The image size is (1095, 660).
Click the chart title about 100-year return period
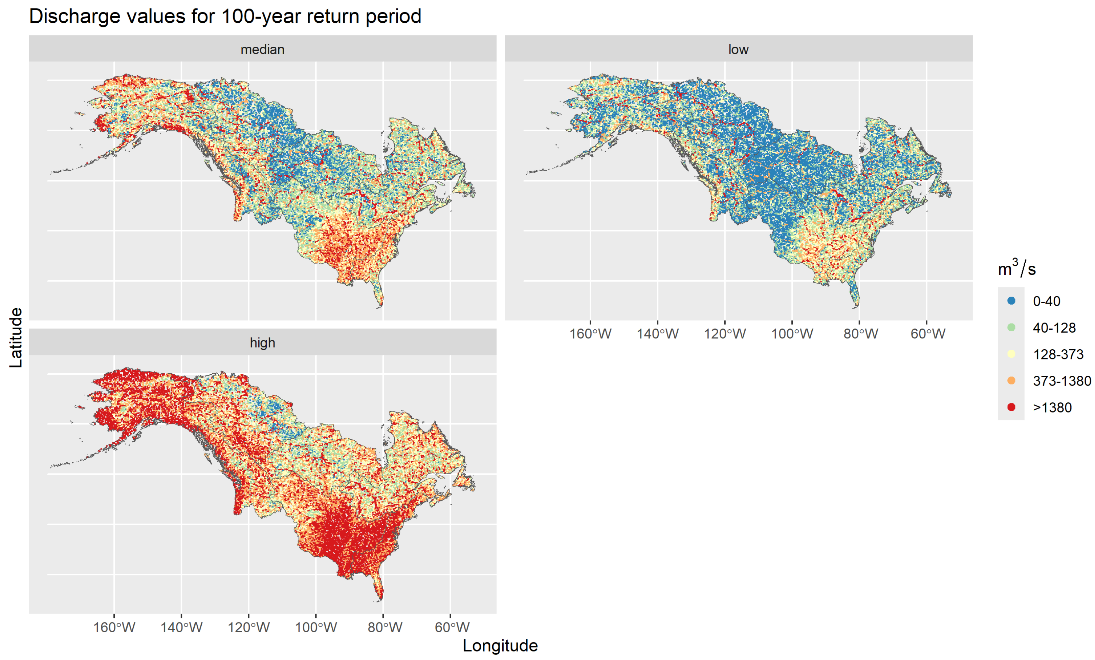coord(225,17)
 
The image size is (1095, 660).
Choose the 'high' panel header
coord(262,343)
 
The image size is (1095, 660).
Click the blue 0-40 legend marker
coord(1011,301)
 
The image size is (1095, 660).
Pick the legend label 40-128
coord(1054,328)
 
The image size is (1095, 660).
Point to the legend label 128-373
coord(1058,354)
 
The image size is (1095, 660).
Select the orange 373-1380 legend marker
coord(1011,380)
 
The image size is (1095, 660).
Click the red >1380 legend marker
coord(1011,407)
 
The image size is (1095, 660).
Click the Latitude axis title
coord(16,338)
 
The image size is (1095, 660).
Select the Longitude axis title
coord(500,645)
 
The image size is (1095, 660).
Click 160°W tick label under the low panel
coord(590,334)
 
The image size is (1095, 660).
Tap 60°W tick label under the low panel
coord(927,334)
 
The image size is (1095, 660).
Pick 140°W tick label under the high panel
coord(181,627)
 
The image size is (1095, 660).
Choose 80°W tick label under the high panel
coord(385,627)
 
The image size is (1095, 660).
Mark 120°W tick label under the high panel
coord(248,627)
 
